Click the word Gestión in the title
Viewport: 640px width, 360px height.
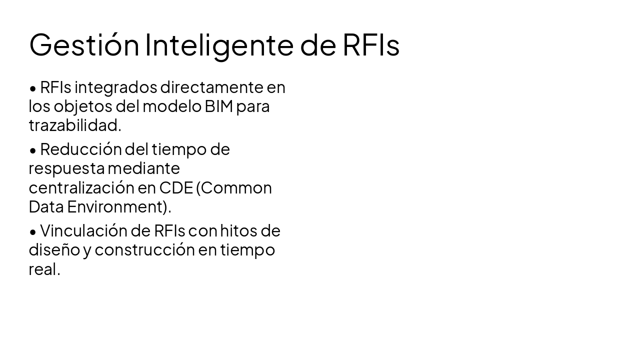click(x=84, y=45)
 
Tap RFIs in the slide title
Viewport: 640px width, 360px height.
click(x=371, y=45)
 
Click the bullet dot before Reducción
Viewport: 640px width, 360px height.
click(x=33, y=150)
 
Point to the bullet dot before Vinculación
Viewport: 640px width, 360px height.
click(x=33, y=231)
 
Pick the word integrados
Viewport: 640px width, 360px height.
click(x=115, y=87)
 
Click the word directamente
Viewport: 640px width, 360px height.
click(x=211, y=87)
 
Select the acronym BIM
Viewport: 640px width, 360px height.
click(x=219, y=106)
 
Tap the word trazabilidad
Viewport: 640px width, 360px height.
click(x=74, y=125)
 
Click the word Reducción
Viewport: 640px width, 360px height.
click(x=81, y=149)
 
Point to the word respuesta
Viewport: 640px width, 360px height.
click(x=66, y=168)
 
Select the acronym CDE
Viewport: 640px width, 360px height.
click(x=176, y=187)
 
